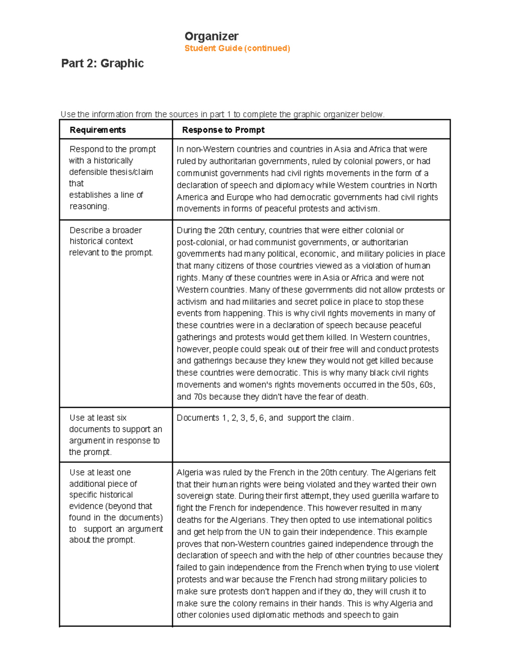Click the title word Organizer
point(211,36)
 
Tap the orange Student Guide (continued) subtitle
point(237,48)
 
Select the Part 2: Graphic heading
point(102,63)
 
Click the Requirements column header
point(98,130)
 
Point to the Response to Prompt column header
point(223,130)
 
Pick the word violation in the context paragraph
point(379,266)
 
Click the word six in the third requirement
point(121,418)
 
